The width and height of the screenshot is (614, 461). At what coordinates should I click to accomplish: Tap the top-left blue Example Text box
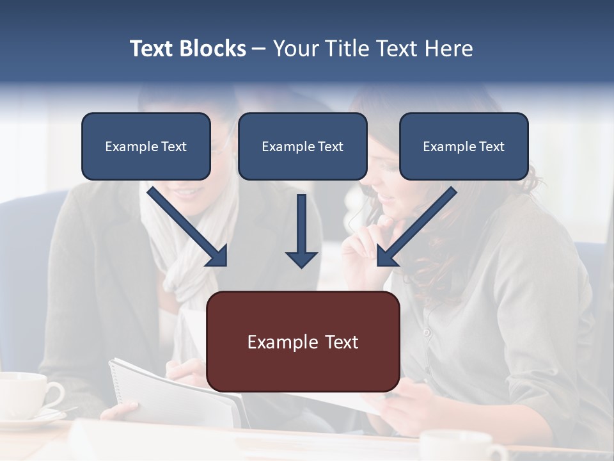(146, 146)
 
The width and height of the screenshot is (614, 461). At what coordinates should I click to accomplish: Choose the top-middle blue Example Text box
(303, 146)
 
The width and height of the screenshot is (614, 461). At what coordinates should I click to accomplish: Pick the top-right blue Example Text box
(464, 146)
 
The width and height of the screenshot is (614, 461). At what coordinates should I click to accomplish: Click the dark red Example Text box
(303, 341)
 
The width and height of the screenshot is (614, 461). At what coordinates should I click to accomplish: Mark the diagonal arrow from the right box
(416, 227)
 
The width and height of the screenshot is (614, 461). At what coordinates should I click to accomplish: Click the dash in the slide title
(259, 49)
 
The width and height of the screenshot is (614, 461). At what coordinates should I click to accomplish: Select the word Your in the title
(295, 49)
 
